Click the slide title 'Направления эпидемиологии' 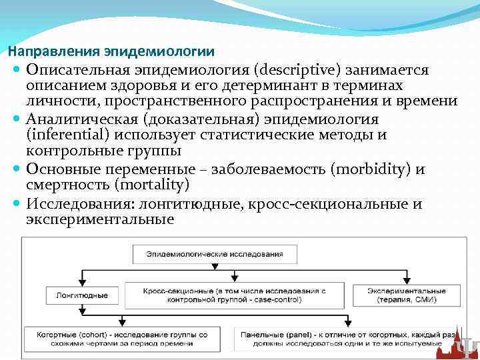coord(111,51)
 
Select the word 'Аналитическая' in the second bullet coord(75,119)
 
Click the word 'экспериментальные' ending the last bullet coord(100,219)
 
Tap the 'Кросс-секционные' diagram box coord(233,295)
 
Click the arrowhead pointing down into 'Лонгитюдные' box coord(83,282)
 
